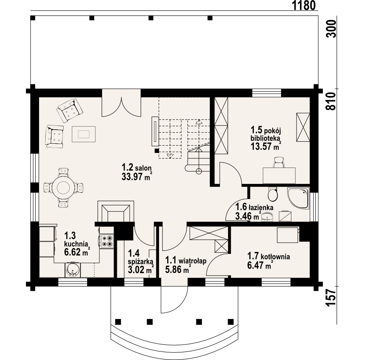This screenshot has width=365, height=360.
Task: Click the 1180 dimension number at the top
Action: (x=303, y=5)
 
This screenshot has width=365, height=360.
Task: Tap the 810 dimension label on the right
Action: (x=331, y=101)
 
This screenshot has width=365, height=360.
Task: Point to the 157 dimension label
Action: (x=331, y=298)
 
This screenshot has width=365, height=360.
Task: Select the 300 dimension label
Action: (x=331, y=29)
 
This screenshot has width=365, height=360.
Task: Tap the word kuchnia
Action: (x=76, y=244)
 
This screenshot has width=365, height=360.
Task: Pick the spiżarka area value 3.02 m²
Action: (x=141, y=269)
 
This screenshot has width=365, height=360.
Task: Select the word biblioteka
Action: (x=265, y=138)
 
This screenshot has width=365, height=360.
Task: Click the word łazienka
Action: (x=261, y=207)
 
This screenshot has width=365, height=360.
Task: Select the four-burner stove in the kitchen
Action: (x=107, y=241)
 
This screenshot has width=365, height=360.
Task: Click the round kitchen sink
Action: (x=73, y=270)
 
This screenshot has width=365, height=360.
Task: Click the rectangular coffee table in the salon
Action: (x=84, y=134)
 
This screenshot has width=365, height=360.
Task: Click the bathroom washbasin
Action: (x=267, y=216)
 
